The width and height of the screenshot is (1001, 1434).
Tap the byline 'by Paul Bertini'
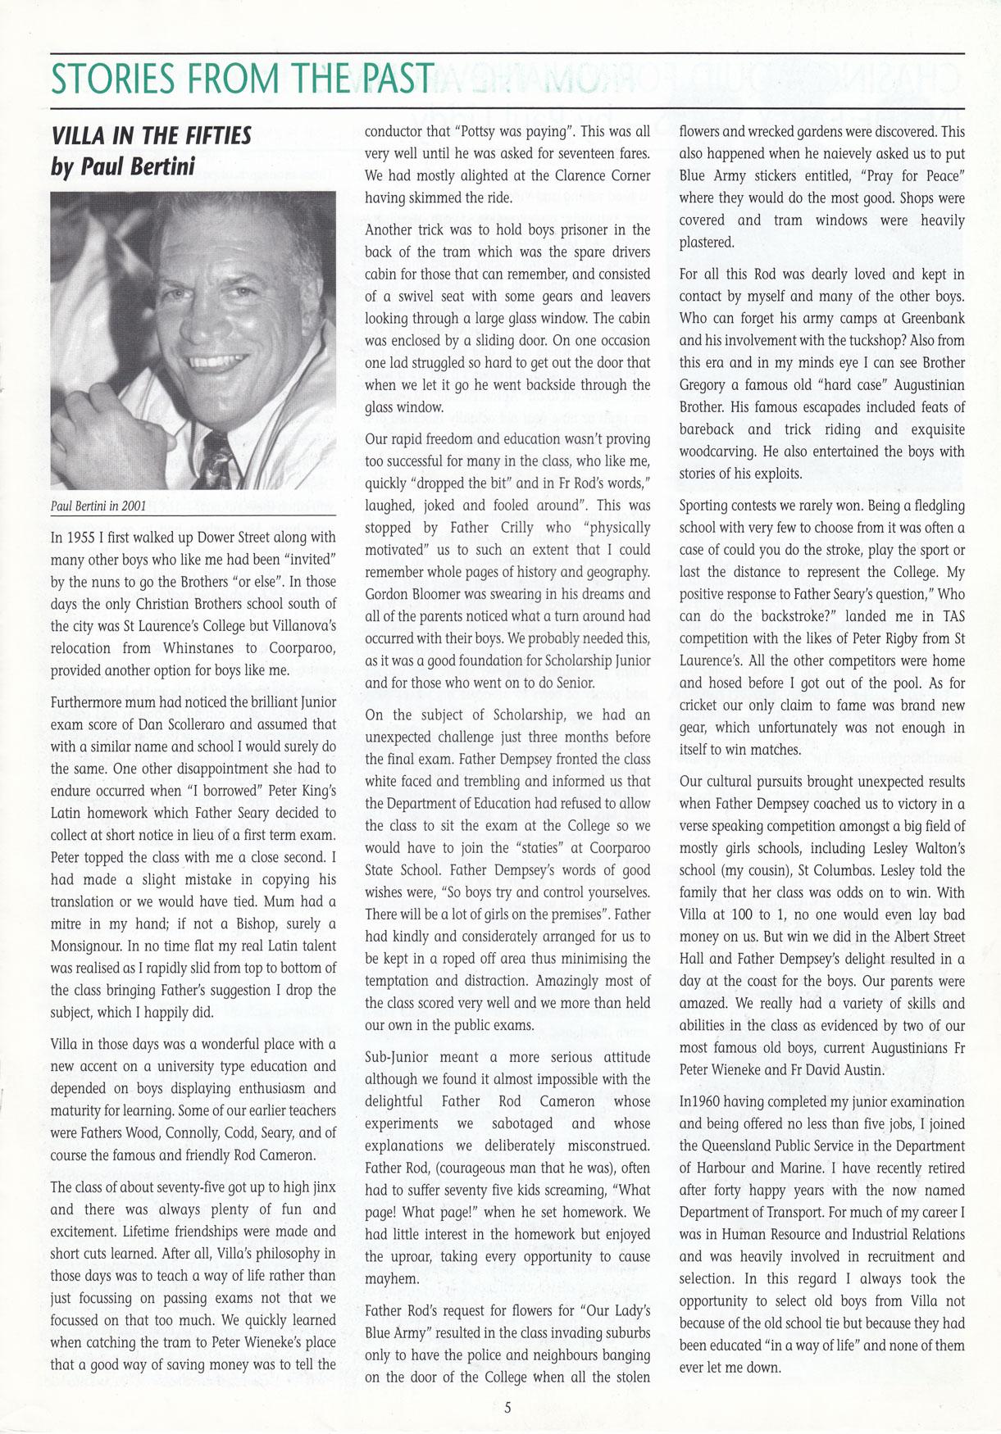pos(123,167)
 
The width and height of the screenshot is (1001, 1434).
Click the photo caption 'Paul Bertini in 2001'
pos(98,506)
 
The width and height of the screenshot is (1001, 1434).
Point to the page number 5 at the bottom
pos(507,1408)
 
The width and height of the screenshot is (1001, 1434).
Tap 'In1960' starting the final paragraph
pos(702,1102)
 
